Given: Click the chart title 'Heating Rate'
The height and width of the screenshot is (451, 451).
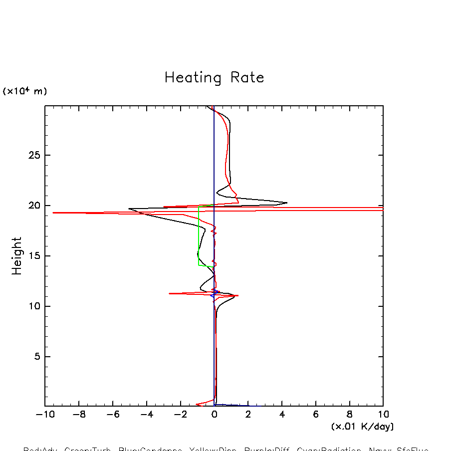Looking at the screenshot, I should click(214, 78).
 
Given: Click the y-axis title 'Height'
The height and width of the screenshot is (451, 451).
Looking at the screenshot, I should click(17, 255).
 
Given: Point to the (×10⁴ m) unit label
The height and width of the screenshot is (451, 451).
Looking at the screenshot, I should click(25, 91).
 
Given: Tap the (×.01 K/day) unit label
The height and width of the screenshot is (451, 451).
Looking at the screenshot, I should click(362, 427).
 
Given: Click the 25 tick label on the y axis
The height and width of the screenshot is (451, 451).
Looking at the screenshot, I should click(33, 155).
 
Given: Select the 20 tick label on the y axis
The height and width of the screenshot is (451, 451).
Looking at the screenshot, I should click(33, 206).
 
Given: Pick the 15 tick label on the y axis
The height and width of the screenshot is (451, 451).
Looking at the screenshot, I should click(33, 256).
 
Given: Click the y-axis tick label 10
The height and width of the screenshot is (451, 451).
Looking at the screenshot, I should click(33, 306).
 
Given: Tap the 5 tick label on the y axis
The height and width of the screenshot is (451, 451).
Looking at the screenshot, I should click(36, 357).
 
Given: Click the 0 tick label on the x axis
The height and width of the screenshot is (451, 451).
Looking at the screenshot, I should click(215, 415).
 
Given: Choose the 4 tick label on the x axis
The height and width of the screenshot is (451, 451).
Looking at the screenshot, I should click(282, 415).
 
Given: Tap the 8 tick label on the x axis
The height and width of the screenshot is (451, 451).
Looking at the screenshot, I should click(349, 415).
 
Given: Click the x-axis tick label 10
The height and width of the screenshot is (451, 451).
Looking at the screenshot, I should click(383, 415).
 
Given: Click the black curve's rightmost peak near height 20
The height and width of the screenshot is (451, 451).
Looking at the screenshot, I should click(287, 203).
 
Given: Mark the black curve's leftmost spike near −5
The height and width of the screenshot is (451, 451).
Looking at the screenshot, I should click(129, 209).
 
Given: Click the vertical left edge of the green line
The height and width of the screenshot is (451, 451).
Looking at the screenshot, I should click(199, 234).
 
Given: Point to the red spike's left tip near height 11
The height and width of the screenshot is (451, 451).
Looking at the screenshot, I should click(170, 293).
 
